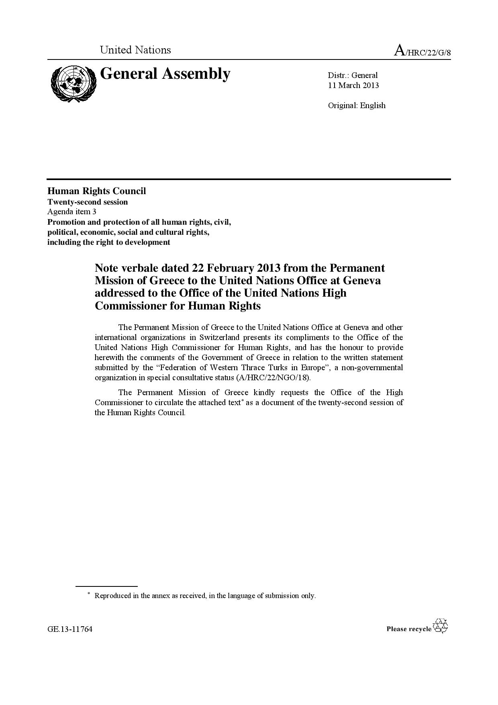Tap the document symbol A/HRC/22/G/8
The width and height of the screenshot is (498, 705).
click(422, 51)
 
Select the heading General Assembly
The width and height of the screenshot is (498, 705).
click(165, 74)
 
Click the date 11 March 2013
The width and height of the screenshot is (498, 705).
click(353, 85)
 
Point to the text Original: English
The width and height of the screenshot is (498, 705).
click(357, 105)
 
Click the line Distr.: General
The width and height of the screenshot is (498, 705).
click(353, 75)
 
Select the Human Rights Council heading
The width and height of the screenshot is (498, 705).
click(96, 191)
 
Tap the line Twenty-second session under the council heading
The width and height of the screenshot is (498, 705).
click(88, 202)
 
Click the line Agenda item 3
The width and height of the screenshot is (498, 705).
click(71, 211)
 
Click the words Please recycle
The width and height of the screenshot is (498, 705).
click(409, 629)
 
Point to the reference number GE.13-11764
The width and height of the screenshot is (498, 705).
click(70, 629)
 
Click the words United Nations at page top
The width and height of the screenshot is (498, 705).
click(135, 50)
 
